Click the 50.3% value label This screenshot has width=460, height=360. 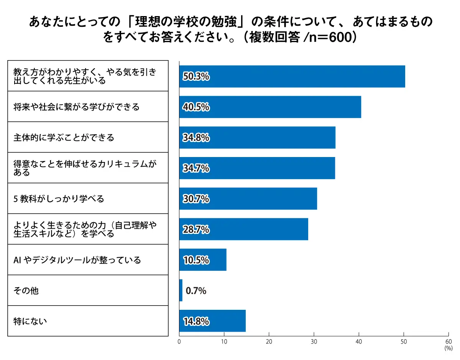coord(196,77)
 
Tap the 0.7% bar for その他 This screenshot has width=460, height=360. coord(181,291)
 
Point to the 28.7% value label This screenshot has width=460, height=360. coord(196,229)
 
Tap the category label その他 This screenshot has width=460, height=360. coord(26,291)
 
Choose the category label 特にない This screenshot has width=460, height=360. coord(30,321)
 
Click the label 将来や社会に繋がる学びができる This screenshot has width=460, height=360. coord(77,107)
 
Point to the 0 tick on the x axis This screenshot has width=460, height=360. coord(179,342)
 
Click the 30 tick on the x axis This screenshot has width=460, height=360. coord(314,342)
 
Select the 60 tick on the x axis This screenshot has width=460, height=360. coord(449,342)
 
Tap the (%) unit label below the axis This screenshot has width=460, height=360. coord(448,349)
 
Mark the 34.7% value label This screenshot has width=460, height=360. coord(196,168)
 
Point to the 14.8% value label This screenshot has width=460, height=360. coord(196,321)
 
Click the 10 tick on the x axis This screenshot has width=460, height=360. coord(224,342)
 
